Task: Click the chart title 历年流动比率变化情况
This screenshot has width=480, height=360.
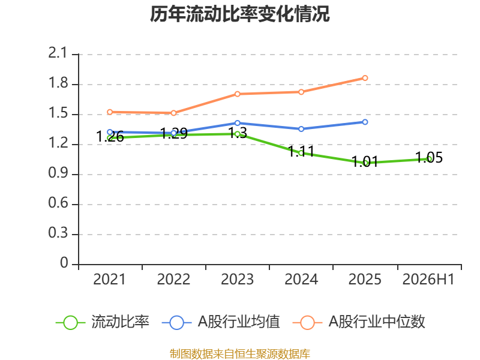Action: pyautogui.click(x=239, y=14)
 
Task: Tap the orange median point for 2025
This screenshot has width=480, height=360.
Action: pyautogui.click(x=365, y=78)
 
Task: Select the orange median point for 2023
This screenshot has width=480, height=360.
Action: pyautogui.click(x=237, y=94)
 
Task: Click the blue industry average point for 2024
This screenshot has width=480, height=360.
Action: pyautogui.click(x=301, y=129)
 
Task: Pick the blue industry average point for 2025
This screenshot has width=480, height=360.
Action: pyautogui.click(x=365, y=122)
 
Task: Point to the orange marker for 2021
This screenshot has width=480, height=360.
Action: pyautogui.click(x=110, y=112)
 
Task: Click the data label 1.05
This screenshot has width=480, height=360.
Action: pyautogui.click(x=429, y=158)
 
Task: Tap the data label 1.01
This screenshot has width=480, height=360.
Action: pyautogui.click(x=365, y=161)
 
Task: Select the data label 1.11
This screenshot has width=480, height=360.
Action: pyautogui.click(x=301, y=151)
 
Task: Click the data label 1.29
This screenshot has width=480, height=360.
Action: pyautogui.click(x=174, y=133)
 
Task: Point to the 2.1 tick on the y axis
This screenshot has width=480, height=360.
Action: pyautogui.click(x=58, y=53)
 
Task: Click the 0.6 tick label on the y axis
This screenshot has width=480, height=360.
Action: pyautogui.click(x=58, y=203)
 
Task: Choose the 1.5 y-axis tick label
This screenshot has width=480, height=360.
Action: pyautogui.click(x=58, y=113)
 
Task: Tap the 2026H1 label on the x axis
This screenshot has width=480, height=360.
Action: pyautogui.click(x=428, y=280)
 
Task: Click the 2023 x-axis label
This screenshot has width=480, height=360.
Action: pyautogui.click(x=237, y=280)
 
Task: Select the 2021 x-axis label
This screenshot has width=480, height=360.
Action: pyautogui.click(x=109, y=280)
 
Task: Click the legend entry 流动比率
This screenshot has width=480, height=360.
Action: pyautogui.click(x=103, y=322)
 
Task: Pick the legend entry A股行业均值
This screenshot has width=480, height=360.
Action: pyautogui.click(x=221, y=322)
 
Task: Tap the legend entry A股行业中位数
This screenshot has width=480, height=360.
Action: pyautogui.click(x=359, y=322)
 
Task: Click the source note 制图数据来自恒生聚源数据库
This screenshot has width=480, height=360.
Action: pyautogui.click(x=239, y=354)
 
